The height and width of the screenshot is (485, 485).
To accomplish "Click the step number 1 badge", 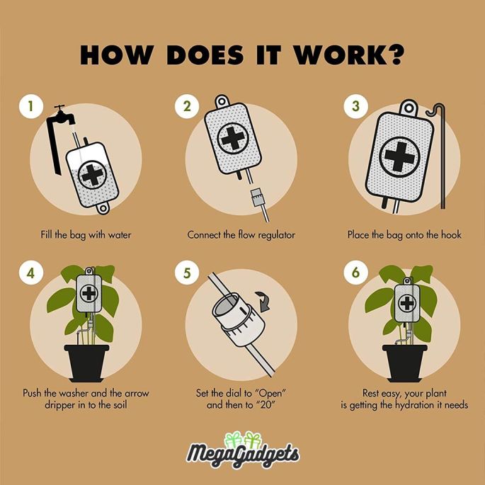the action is click(x=30, y=106).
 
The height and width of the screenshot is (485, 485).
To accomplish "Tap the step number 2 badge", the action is click(x=186, y=106).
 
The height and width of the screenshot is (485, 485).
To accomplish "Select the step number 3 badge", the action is click(x=355, y=106).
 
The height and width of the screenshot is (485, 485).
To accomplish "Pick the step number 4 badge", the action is click(x=30, y=273).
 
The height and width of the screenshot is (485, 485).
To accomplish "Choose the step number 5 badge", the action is click(x=186, y=273).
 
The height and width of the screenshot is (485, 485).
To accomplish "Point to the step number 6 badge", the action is click(x=355, y=273).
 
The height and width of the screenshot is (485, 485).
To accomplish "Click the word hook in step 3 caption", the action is click(x=451, y=234).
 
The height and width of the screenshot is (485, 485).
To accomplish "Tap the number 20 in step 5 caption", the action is click(x=268, y=404).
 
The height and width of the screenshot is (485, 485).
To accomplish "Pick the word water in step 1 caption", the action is click(x=119, y=235).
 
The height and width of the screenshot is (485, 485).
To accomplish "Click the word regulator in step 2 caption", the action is click(x=277, y=235).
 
